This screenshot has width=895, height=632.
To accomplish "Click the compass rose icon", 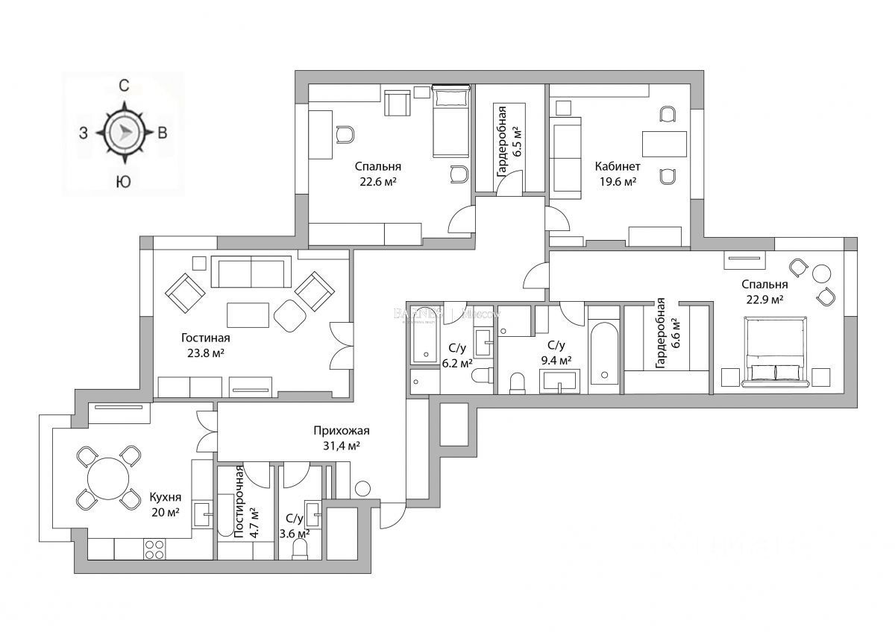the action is pyautogui.click(x=125, y=133).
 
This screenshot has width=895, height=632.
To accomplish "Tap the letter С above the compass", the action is pyautogui.click(x=125, y=86).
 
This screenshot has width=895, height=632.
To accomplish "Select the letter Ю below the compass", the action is pyautogui.click(x=124, y=181).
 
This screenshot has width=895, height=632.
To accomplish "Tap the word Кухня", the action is pyautogui.click(x=164, y=497).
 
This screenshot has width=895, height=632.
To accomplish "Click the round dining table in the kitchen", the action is pyautogui.click(x=109, y=478).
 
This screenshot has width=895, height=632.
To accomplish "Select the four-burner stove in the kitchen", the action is pyautogui.click(x=154, y=549).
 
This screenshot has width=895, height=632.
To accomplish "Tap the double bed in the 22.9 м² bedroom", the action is pyautogui.click(x=776, y=350).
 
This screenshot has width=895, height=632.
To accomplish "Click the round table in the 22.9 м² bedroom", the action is pyautogui.click(x=822, y=274).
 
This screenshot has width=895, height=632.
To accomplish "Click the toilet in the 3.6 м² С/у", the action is pyautogui.click(x=301, y=549).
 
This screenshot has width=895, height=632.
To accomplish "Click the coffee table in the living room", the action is pyautogui.click(x=248, y=315).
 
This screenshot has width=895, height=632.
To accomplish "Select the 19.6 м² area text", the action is pyautogui.click(x=618, y=181).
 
